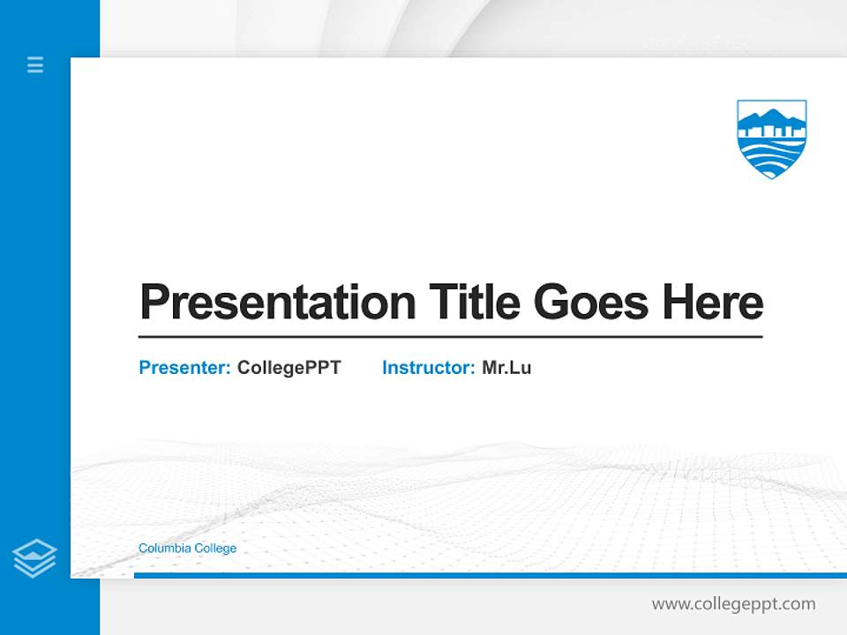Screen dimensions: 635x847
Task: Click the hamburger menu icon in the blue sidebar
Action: click(35, 64)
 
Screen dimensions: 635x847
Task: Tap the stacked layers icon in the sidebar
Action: click(34, 558)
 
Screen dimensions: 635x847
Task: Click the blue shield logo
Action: click(772, 138)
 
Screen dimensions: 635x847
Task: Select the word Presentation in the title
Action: click(277, 303)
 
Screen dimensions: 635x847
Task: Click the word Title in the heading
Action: click(474, 303)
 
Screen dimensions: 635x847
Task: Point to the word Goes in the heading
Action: click(591, 303)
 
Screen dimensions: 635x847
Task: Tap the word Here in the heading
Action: click(713, 303)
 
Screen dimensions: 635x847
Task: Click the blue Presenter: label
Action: click(184, 368)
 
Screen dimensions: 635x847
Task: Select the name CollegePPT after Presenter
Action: click(289, 368)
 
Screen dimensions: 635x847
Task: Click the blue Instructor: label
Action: click(428, 368)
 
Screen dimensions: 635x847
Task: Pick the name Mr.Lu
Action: click(506, 368)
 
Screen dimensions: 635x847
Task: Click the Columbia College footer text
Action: click(187, 549)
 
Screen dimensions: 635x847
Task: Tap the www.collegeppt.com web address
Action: click(733, 604)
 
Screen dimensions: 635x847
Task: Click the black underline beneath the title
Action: click(450, 337)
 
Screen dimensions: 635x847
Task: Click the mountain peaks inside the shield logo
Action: click(772, 117)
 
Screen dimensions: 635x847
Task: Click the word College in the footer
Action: click(215, 549)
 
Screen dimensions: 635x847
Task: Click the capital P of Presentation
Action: click(154, 303)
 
